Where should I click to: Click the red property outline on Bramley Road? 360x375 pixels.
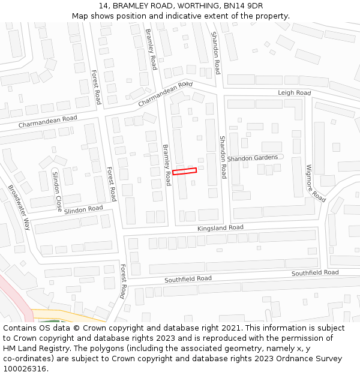click(184, 171)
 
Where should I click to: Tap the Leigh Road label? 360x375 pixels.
click(294, 93)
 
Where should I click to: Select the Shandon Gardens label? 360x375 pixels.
click(252, 158)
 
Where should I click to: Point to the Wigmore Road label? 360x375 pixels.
click(316, 183)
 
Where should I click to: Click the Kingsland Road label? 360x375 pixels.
click(221, 228)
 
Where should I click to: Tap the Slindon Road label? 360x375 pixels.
click(83, 209)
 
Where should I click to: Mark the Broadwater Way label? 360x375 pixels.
click(19, 207)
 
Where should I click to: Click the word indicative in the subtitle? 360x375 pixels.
click(188, 16)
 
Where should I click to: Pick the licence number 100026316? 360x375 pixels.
click(25, 369)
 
